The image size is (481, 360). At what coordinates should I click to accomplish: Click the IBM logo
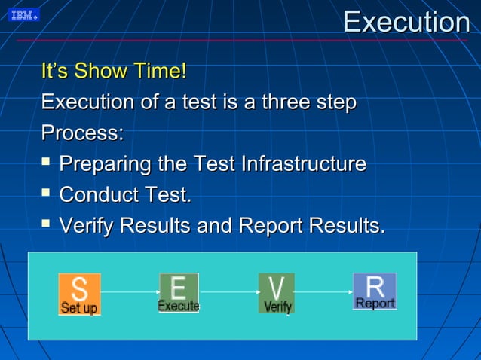[23, 15]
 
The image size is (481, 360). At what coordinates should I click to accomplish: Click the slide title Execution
[406, 22]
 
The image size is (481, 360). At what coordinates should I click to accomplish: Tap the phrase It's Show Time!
[114, 72]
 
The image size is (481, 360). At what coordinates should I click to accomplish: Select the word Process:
[82, 133]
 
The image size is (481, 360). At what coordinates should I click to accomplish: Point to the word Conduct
[100, 195]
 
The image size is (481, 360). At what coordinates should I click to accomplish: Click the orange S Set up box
[79, 294]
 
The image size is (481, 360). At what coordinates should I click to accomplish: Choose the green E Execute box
[179, 292]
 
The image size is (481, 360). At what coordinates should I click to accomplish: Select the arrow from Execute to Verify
[228, 291]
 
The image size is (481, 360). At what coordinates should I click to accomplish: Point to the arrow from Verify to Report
[323, 291]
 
